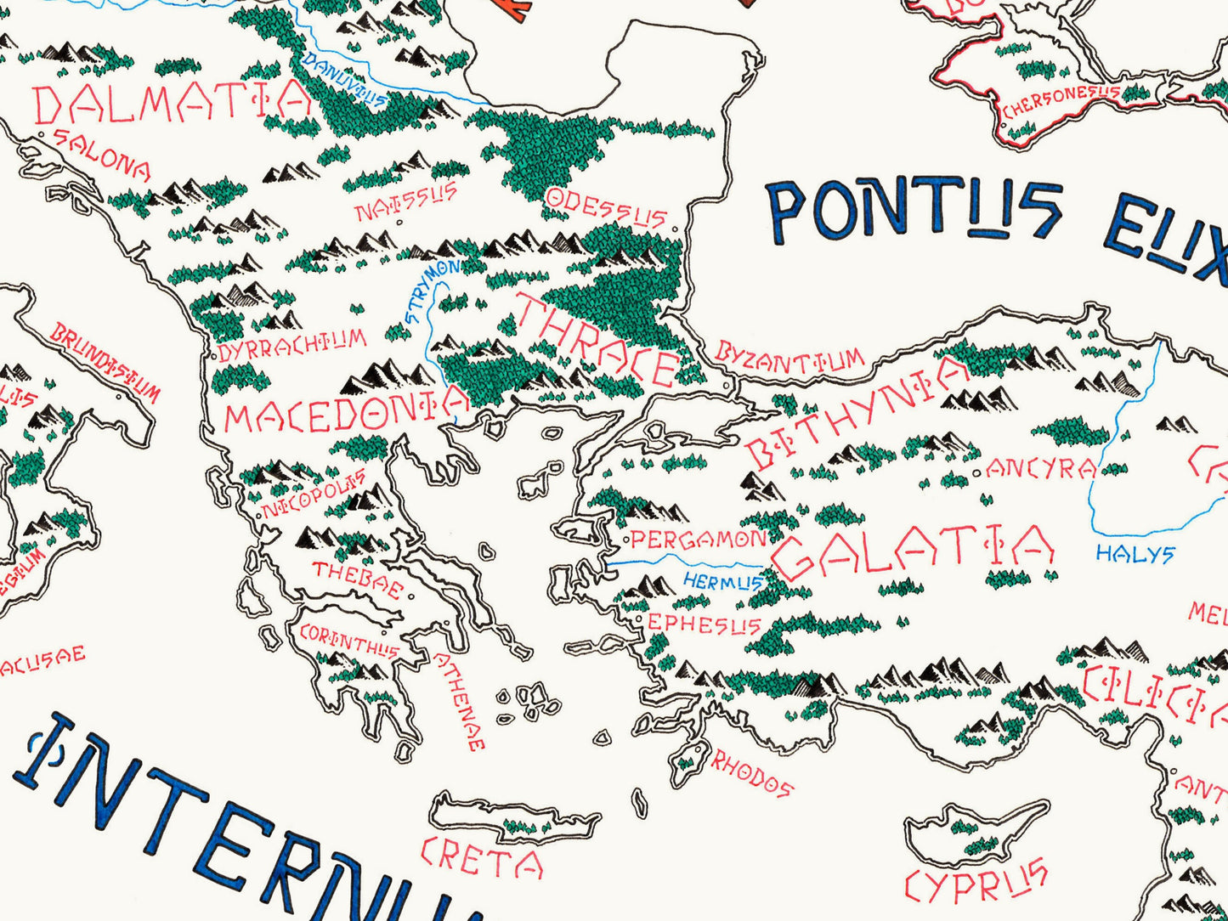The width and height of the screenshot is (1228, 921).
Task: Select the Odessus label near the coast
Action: (x=605, y=207)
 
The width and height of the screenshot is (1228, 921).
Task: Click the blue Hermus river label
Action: (x=722, y=582)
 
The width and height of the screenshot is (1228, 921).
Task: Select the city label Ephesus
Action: (x=703, y=625)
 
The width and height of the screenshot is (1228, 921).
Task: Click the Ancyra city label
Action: (x=1039, y=469)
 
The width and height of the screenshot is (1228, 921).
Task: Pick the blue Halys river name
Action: (x=1135, y=555)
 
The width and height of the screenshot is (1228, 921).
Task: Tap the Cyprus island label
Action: (x=975, y=880)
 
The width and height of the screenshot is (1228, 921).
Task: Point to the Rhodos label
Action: (x=751, y=773)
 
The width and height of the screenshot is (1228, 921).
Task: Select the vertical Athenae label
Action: (x=460, y=702)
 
